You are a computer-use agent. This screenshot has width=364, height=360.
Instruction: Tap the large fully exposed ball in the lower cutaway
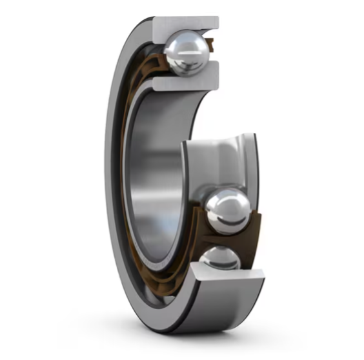tap(227, 210)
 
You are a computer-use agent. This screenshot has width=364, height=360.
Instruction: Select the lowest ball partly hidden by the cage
tap(219, 259)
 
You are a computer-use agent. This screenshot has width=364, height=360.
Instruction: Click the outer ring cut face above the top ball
tap(187, 25)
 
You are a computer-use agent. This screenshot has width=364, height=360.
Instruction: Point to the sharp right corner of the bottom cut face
tap(264, 277)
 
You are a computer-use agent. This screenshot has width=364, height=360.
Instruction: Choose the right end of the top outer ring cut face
tap(216, 23)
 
